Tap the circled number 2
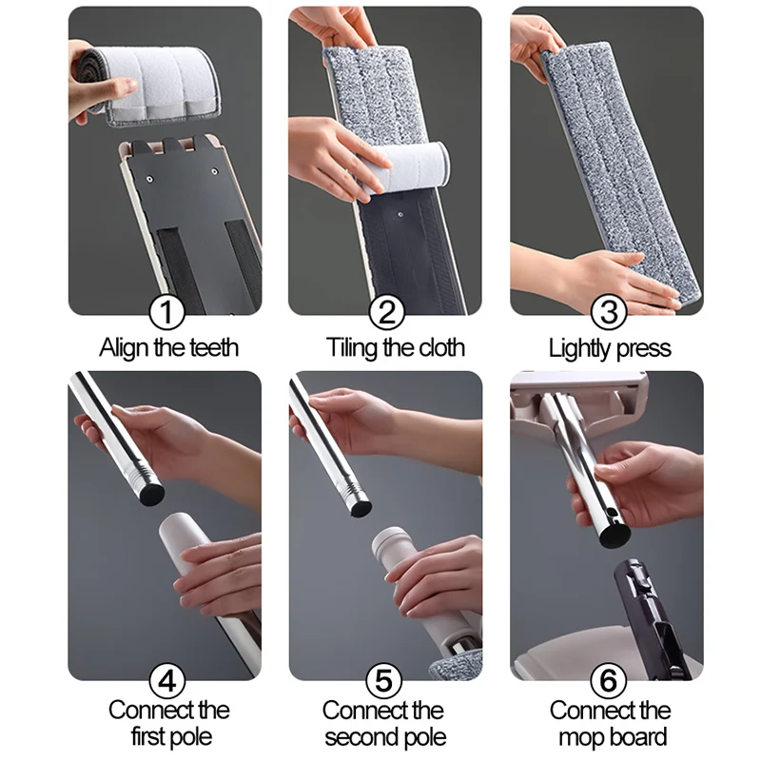385,312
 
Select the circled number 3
607,312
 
